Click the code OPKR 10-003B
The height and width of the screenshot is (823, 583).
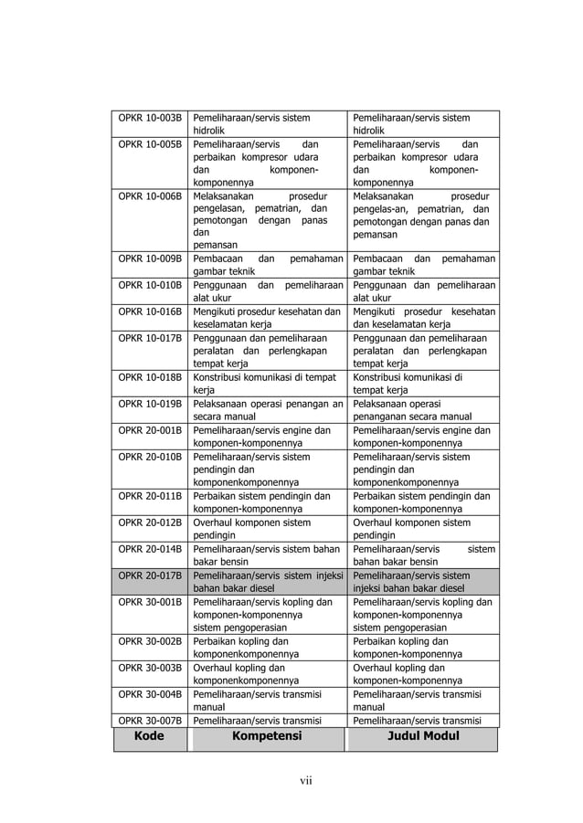pyautogui.click(x=150, y=118)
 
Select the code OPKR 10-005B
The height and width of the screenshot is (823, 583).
pyautogui.click(x=150, y=144)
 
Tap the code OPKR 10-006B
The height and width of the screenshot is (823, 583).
pyautogui.click(x=150, y=196)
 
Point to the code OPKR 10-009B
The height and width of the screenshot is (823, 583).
pyautogui.click(x=150, y=259)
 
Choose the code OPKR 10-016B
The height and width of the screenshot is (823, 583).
pyautogui.click(x=150, y=311)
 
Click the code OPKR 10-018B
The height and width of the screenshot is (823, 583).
pyautogui.click(x=150, y=377)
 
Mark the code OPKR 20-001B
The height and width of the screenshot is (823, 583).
pyautogui.click(x=150, y=430)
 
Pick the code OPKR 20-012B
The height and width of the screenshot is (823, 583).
pyautogui.click(x=150, y=522)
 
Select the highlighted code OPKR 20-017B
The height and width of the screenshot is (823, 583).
pyautogui.click(x=150, y=575)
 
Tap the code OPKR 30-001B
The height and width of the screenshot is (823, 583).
pyautogui.click(x=150, y=602)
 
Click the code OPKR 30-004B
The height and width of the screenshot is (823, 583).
pyautogui.click(x=150, y=694)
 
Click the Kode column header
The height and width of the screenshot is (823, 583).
pyautogui.click(x=149, y=736)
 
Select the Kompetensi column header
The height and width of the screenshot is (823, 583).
pyautogui.click(x=266, y=736)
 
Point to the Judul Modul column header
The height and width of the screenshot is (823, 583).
pyautogui.click(x=422, y=736)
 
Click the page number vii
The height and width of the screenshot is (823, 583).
pyautogui.click(x=306, y=779)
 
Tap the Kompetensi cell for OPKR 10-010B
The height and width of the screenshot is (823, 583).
pyautogui.click(x=267, y=290)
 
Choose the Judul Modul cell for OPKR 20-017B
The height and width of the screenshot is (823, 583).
pyautogui.click(x=423, y=582)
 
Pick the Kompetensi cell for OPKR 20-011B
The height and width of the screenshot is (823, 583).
pyautogui.click(x=267, y=502)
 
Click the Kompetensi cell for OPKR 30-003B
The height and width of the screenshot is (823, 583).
pyautogui.click(x=267, y=674)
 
